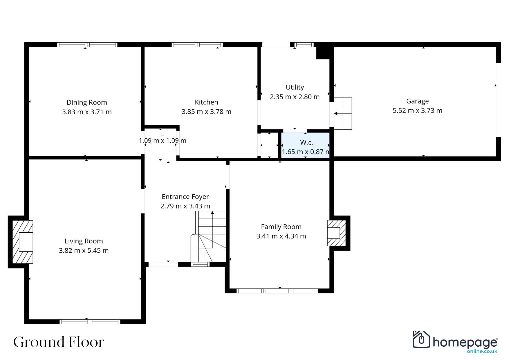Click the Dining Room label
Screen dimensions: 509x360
(x=87, y=103)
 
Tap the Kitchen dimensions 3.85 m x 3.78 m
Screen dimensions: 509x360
(x=206, y=112)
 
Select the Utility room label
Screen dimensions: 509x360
(x=295, y=87)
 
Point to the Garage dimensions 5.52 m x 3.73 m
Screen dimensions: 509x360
(x=417, y=110)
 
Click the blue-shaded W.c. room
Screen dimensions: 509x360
(x=305, y=145)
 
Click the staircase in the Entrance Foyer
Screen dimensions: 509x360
(x=208, y=236)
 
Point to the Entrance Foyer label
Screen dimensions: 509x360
(x=185, y=197)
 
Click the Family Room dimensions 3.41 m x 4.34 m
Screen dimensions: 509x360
(x=281, y=236)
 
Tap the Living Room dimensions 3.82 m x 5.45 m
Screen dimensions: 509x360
(x=84, y=250)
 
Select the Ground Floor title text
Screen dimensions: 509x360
(x=59, y=342)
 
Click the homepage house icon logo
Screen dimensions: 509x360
(x=421, y=339)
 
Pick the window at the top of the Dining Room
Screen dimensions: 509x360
(x=87, y=45)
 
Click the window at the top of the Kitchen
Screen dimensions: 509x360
(x=197, y=45)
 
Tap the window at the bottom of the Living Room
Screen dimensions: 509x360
(x=90, y=322)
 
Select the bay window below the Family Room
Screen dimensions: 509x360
(x=277, y=291)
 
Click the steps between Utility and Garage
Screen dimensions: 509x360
(x=343, y=113)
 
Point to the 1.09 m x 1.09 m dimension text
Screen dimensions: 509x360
(x=162, y=140)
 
